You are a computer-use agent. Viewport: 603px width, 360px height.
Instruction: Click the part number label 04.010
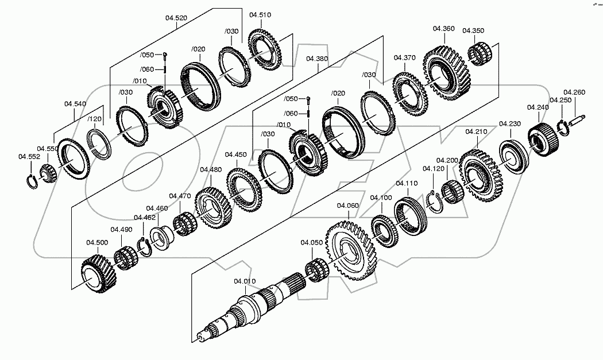(x=244, y=281)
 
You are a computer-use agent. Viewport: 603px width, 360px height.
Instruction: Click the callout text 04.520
(x=176, y=18)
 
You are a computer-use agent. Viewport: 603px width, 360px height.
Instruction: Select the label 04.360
(x=444, y=28)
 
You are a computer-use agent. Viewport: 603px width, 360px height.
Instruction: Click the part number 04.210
(x=476, y=131)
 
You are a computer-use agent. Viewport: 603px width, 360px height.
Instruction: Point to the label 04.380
(x=317, y=59)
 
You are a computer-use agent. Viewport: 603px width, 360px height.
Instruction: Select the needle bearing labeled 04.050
(x=315, y=269)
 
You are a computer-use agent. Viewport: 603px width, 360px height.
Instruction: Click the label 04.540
(x=75, y=104)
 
